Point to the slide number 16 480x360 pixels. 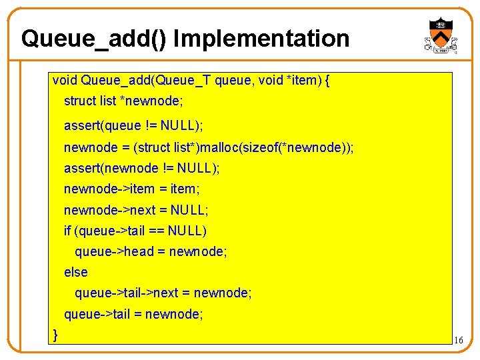coord(458,341)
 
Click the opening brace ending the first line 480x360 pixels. coord(327,81)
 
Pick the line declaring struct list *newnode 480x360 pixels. coord(123,101)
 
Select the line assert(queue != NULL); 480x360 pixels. coord(133,125)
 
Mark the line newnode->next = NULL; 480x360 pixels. coord(136,210)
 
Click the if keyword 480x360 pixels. coord(67,231)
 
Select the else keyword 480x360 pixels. coord(75,272)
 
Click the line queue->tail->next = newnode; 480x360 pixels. coord(163,293)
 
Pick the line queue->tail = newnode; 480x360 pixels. coord(133,313)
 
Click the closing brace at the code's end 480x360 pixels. coord(55,334)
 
